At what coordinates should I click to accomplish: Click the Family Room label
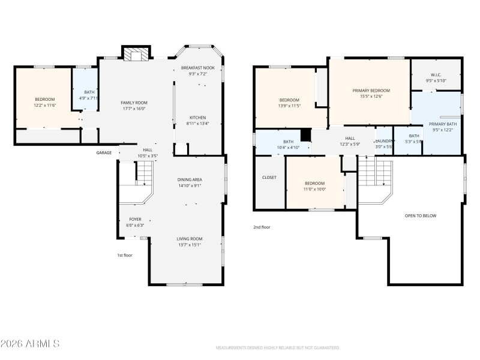134,103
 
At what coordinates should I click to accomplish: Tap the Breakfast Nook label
198,68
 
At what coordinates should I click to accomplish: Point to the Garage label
104,153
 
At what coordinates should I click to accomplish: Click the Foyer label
135,219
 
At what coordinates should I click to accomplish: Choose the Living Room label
189,239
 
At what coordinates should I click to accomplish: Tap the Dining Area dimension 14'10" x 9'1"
189,185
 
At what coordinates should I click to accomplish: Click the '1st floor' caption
124,255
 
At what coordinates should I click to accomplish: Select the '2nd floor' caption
262,227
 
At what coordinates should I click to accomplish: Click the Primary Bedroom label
371,90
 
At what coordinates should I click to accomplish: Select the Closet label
269,178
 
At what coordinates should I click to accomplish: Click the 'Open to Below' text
421,215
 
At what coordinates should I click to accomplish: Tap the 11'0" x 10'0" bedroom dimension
314,190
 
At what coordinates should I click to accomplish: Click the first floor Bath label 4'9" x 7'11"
88,98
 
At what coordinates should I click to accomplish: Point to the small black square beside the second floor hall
305,135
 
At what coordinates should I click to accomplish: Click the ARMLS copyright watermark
30,344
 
